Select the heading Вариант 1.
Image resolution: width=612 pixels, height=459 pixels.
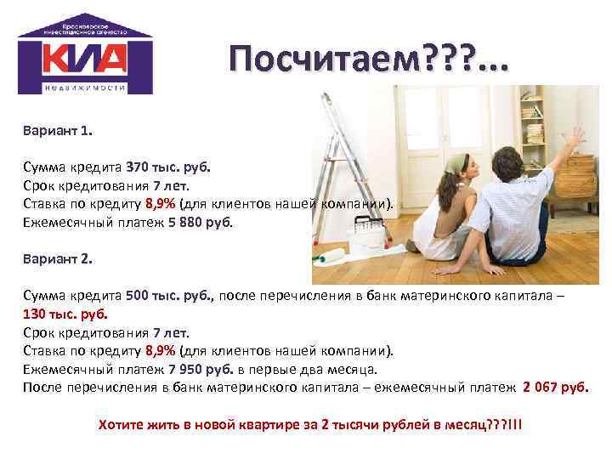59,132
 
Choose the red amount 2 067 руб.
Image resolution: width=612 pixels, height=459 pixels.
555,388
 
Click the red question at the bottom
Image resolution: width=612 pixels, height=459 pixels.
310,423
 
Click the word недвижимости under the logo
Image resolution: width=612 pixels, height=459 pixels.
85,88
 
